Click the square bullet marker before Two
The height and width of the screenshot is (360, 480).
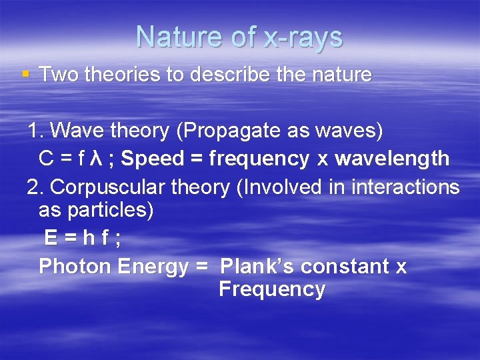point(25,74)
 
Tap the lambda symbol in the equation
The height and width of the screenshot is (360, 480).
point(95,159)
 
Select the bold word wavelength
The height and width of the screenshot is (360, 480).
point(392,159)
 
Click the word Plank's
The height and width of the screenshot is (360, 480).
point(257,266)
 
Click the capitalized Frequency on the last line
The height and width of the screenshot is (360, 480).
point(271,289)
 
